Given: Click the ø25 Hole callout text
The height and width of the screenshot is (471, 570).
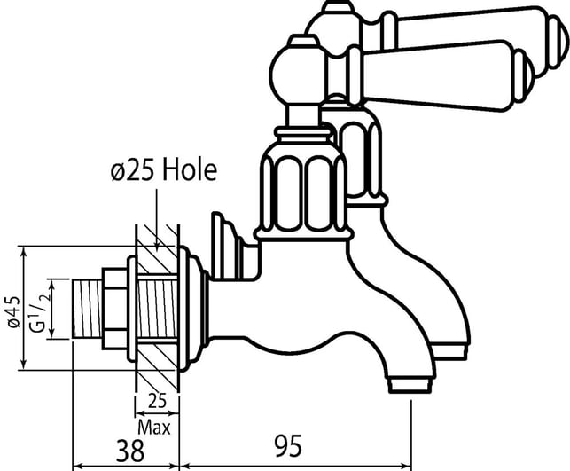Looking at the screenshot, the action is click(x=164, y=170).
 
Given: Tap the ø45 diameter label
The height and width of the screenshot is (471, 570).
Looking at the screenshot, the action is click(x=15, y=311).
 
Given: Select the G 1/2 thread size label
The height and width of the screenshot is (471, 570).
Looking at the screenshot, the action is click(x=41, y=313).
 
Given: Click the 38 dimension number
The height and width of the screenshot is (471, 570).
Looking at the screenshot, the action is click(x=130, y=451).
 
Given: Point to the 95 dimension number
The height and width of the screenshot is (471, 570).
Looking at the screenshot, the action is click(x=288, y=446).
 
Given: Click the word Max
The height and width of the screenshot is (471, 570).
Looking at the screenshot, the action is click(x=154, y=428).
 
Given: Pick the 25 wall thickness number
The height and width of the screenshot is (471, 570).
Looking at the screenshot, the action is click(x=157, y=401).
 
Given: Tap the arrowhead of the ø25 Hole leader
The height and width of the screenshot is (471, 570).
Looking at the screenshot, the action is click(x=157, y=247).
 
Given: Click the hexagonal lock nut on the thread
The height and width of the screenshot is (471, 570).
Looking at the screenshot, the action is click(x=114, y=309).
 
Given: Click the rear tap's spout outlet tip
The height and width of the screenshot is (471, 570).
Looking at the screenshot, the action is click(x=450, y=352).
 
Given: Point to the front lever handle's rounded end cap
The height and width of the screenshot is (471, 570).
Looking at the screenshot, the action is click(x=525, y=77).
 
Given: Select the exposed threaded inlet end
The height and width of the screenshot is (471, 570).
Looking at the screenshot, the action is click(x=87, y=309).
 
